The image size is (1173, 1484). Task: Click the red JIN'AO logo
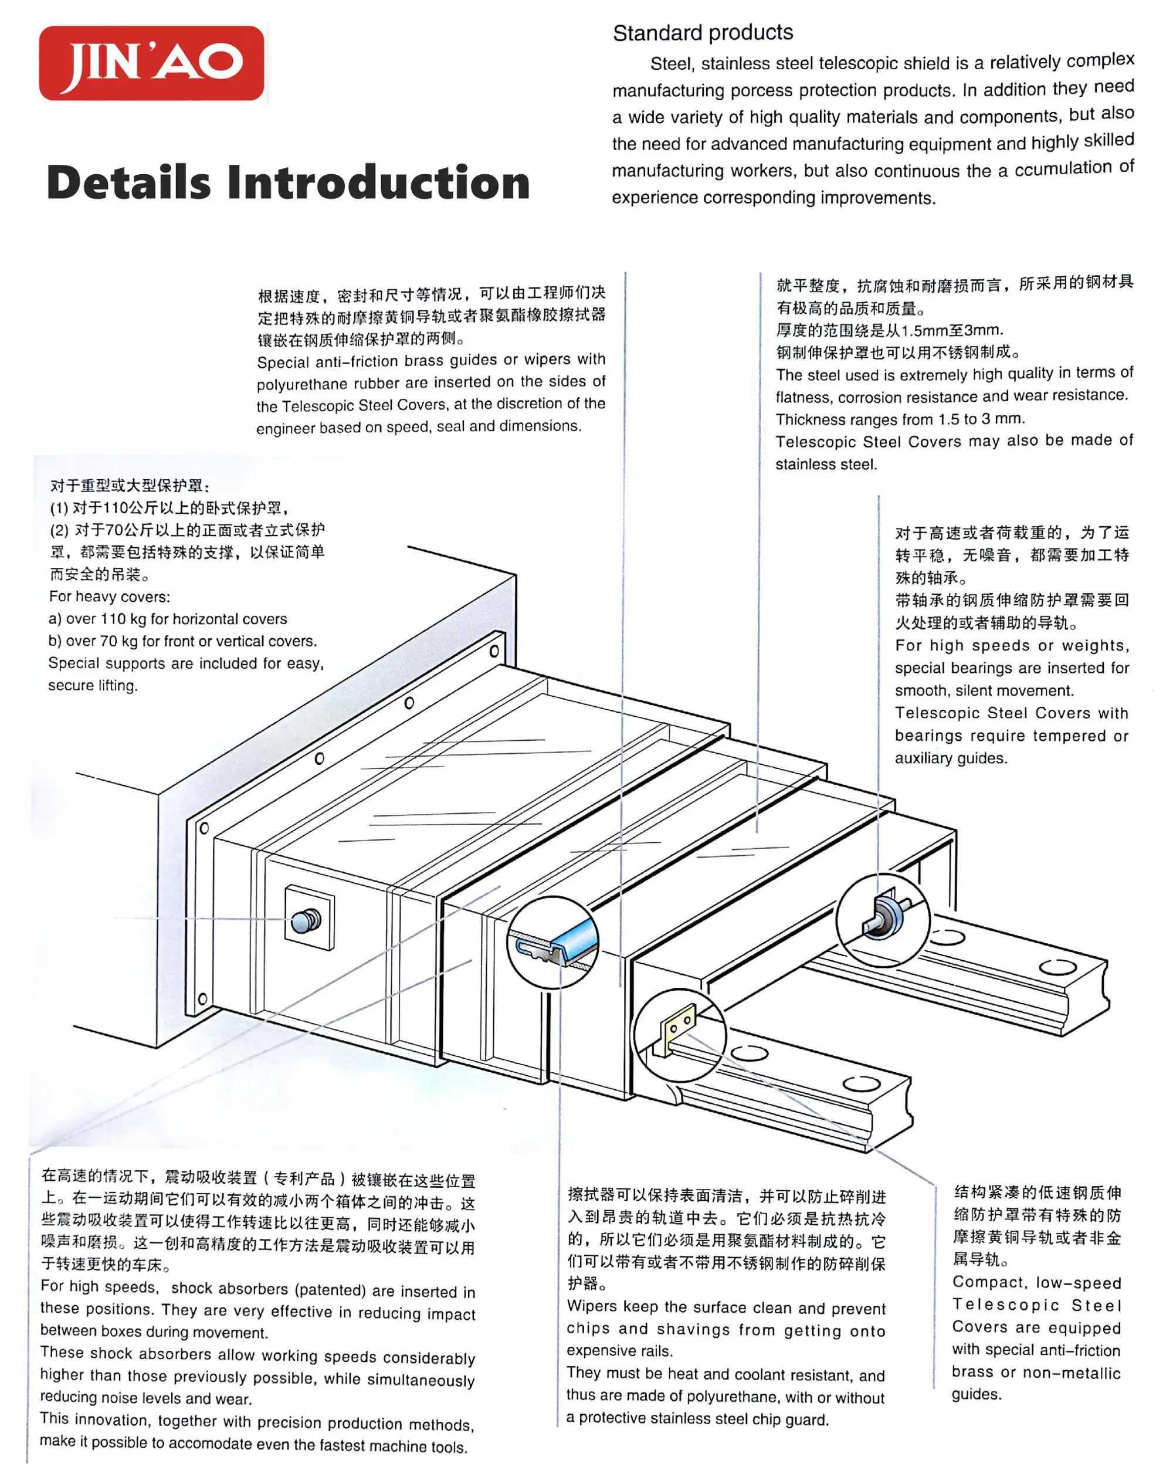(151, 63)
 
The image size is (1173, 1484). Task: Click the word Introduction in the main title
(378, 184)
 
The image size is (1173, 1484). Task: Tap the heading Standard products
(703, 32)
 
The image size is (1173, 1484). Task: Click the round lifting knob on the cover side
(306, 920)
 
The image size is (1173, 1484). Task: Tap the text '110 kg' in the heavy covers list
(124, 619)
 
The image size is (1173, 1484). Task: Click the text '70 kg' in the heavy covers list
(118, 641)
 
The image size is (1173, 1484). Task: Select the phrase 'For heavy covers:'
(109, 596)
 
